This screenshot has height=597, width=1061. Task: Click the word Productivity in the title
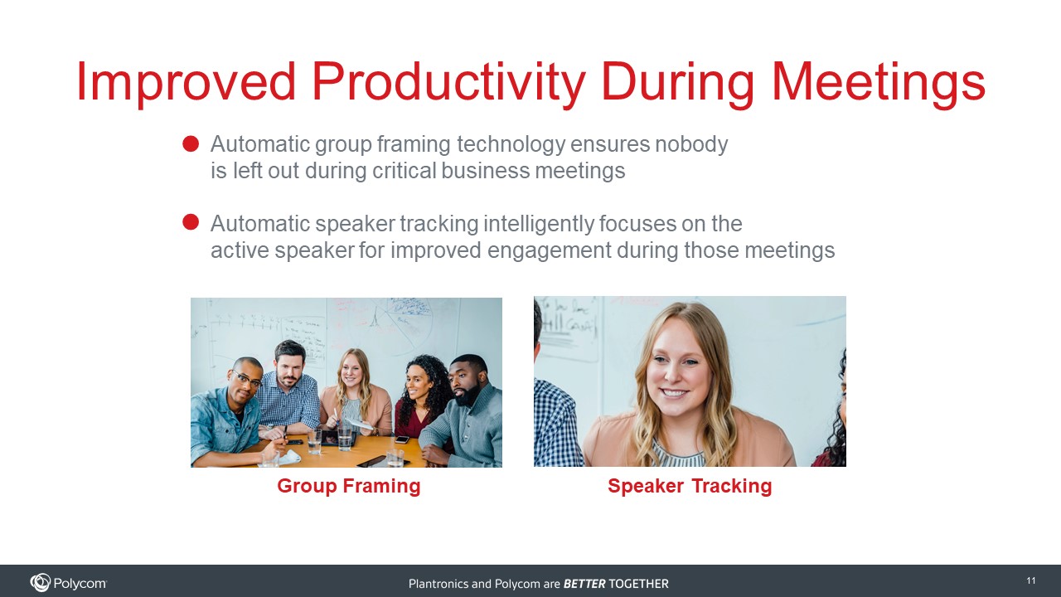448,83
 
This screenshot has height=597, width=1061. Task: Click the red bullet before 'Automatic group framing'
191,143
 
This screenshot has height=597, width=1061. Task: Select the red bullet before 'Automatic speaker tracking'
191,221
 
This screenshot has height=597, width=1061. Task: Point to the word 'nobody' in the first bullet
691,144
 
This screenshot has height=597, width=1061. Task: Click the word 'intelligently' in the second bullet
539,224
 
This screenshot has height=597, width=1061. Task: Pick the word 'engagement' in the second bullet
549,250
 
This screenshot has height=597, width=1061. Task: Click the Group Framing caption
349,486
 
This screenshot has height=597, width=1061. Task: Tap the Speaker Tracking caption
690,486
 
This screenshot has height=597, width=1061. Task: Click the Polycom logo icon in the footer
40,582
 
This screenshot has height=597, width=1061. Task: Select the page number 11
1030,581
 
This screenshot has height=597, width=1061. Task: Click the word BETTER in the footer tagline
584,584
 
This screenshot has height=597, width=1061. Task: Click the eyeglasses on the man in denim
246,379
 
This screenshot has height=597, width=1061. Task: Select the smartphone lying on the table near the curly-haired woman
402,439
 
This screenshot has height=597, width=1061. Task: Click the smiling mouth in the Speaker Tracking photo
674,393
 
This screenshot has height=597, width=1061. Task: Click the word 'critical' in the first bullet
405,171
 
